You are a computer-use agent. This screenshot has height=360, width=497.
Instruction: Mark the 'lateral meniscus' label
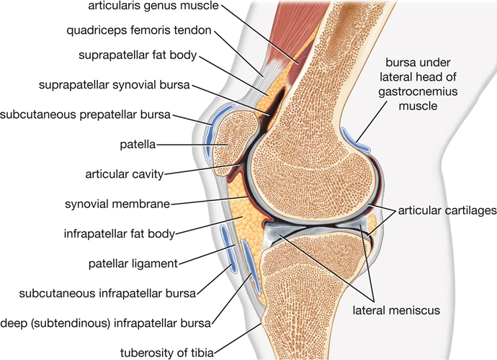[395, 311]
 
